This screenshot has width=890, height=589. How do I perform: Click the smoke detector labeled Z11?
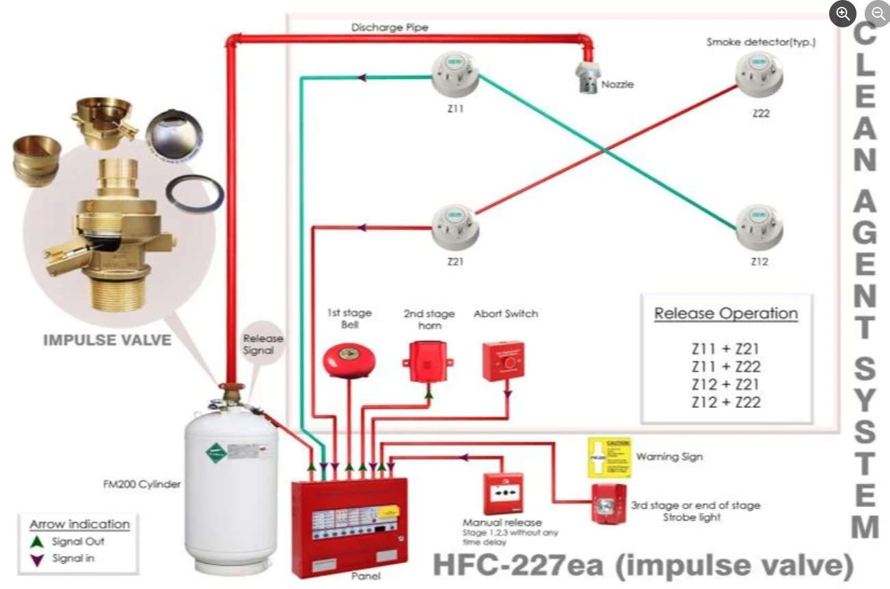pos(455,74)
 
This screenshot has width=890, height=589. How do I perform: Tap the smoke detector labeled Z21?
pos(455,228)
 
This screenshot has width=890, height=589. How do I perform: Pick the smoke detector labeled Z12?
pos(759,228)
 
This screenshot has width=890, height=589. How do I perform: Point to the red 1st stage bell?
pos(349,359)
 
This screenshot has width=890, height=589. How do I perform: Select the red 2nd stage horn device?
pos(428,361)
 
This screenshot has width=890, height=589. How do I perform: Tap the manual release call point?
pos(503,493)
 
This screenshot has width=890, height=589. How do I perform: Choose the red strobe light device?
pos(608,504)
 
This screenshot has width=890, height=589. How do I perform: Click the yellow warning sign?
pos(610,457)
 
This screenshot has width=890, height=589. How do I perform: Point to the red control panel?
pos(349,527)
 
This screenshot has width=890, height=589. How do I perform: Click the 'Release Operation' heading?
pos(726,314)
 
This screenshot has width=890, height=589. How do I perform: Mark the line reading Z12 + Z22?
pos(725,402)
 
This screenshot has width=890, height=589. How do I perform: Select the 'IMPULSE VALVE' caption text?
pos(107,340)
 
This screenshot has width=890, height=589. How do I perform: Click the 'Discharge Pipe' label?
pos(390,28)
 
